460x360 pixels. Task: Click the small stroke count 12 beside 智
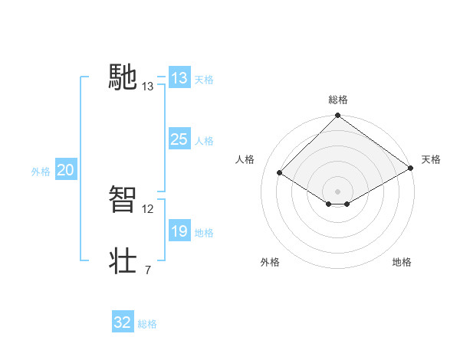148,208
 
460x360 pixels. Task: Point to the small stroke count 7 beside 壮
148,270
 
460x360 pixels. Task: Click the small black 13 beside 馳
148,87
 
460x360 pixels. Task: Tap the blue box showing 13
179,78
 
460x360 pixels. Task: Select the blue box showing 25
179,139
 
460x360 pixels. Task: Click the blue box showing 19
179,231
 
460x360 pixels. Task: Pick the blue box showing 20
66,170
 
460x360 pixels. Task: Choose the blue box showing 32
123,322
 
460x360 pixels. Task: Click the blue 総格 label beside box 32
147,324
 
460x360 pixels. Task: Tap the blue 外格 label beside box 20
41,172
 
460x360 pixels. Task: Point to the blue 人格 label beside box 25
204,141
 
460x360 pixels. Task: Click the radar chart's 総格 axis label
337,100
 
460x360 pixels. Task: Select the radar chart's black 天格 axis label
431,159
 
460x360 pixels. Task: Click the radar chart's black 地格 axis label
402,262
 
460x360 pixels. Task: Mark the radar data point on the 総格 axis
337,116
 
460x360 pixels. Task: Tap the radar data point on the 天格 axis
411,168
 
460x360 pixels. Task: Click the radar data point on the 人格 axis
280,173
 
